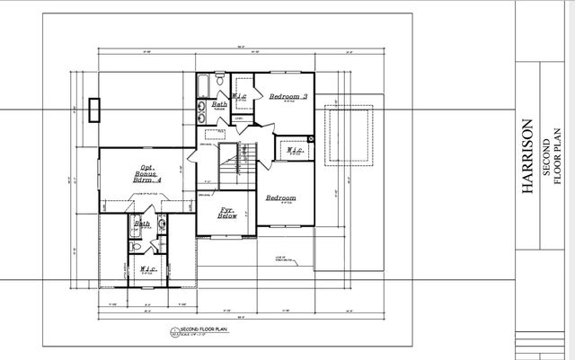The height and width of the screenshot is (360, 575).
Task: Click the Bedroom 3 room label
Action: tap(289, 96)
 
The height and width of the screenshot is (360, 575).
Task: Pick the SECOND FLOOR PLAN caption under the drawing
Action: tap(199, 330)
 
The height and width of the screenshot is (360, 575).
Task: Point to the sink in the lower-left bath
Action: tap(163, 224)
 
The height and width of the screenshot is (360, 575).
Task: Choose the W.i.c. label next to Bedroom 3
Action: tap(240, 96)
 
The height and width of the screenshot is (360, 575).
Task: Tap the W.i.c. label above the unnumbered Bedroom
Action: tap(295, 151)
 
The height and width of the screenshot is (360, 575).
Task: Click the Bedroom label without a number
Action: tap(281, 198)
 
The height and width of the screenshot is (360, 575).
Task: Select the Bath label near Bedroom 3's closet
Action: tap(219, 105)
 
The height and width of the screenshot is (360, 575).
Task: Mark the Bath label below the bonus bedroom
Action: tap(142, 224)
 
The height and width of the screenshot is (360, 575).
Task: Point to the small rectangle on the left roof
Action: tap(95, 110)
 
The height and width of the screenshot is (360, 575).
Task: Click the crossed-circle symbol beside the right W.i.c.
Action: tap(311, 139)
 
